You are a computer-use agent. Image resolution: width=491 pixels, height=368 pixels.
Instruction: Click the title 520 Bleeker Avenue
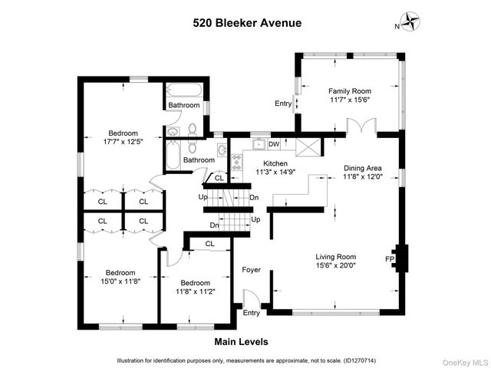pyautogui.click(x=246, y=23)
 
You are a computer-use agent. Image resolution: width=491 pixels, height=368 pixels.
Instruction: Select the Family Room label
pyautogui.click(x=350, y=90)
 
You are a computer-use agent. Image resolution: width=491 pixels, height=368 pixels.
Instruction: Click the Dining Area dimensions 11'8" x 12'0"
pyautogui.click(x=362, y=177)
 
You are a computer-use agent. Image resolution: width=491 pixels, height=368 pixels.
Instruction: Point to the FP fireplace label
pyautogui.click(x=389, y=259)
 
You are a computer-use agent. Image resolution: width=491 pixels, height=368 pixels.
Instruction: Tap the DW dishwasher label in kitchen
pyautogui.click(x=274, y=143)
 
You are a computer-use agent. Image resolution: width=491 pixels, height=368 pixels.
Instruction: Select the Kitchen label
pyautogui.click(x=275, y=163)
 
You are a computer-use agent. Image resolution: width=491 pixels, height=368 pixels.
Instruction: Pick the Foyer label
pyautogui.click(x=251, y=270)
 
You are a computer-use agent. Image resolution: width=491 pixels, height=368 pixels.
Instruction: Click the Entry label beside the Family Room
pyautogui.click(x=283, y=104)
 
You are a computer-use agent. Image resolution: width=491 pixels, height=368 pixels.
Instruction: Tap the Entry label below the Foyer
pyautogui.click(x=251, y=313)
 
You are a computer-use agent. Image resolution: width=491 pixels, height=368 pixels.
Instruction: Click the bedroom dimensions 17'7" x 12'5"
pyautogui.click(x=123, y=141)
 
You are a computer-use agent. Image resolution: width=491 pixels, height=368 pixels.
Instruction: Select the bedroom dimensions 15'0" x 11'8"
pyautogui.click(x=120, y=281)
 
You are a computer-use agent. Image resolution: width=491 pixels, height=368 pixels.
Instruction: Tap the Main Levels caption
pyautogui.click(x=241, y=342)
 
